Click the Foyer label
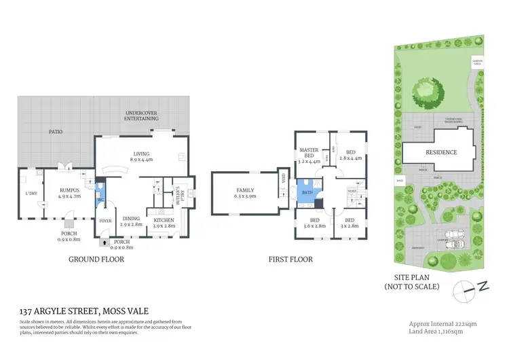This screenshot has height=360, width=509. pyautogui.click(x=105, y=221)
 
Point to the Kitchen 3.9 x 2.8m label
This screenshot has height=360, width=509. pyautogui.click(x=164, y=223)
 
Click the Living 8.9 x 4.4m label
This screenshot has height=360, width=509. pyautogui.click(x=142, y=157)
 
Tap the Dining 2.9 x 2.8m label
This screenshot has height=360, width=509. pyautogui.click(x=132, y=220)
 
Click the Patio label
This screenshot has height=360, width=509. pyautogui.click(x=54, y=132)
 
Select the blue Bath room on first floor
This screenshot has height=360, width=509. pyautogui.click(x=306, y=192)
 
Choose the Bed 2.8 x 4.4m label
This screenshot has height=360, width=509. pyautogui.click(x=350, y=155)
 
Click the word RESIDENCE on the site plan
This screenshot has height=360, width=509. pyautogui.click(x=440, y=152)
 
